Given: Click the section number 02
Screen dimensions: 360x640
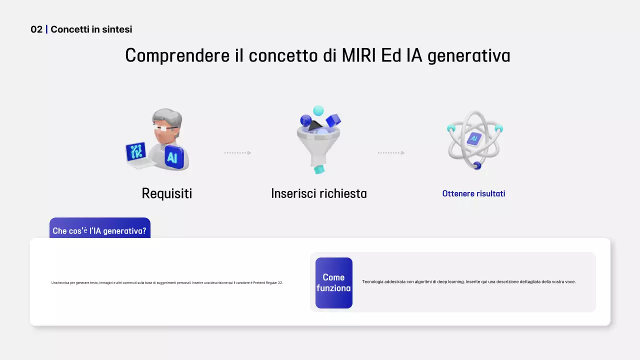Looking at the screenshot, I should pyautogui.click(x=36, y=29).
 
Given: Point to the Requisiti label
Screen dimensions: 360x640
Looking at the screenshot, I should pyautogui.click(x=166, y=193).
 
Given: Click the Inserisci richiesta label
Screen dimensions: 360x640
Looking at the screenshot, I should pyautogui.click(x=318, y=193).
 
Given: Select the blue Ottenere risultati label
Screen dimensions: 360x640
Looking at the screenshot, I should pyautogui.click(x=473, y=193).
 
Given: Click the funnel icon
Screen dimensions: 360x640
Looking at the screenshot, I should pyautogui.click(x=318, y=145).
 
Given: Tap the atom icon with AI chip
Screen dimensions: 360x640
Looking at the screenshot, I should pyautogui.click(x=474, y=139).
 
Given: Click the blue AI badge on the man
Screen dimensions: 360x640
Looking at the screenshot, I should pyautogui.click(x=172, y=158).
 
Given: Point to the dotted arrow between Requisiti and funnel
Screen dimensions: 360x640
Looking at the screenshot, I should pyautogui.click(x=237, y=153).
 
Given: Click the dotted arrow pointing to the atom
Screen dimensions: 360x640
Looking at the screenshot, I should pyautogui.click(x=391, y=153).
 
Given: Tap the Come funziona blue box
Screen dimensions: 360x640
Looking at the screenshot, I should pyautogui.click(x=333, y=283).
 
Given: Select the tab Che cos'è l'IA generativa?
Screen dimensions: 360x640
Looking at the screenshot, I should pyautogui.click(x=99, y=230).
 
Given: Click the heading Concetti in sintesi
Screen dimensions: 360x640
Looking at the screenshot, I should pyautogui.click(x=91, y=29).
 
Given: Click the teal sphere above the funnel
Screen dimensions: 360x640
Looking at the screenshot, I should pyautogui.click(x=318, y=110).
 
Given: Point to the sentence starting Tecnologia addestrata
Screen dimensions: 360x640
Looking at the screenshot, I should pyautogui.click(x=468, y=282).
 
